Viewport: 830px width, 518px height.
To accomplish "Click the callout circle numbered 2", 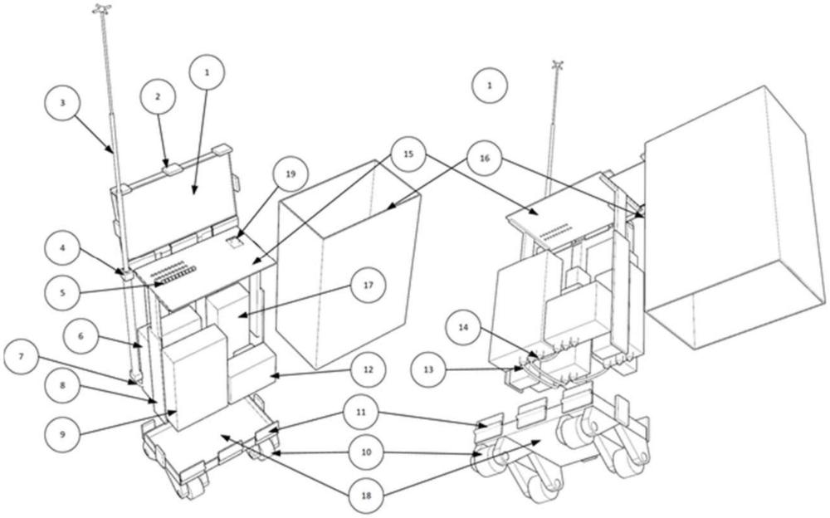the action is [158, 97].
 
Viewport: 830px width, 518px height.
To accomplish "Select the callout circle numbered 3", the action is [62, 103].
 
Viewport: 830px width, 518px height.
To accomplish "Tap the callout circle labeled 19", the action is [290, 173].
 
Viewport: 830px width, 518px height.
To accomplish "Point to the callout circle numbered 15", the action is [408, 154].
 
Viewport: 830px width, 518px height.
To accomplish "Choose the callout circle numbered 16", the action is [485, 158].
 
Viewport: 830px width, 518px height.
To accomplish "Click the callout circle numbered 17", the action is [369, 285].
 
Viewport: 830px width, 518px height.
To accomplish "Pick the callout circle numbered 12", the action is [368, 369].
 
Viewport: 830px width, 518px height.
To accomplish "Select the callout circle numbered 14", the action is [463, 327].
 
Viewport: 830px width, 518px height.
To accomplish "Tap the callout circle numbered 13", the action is [429, 369].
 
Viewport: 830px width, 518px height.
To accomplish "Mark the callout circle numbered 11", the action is [360, 412].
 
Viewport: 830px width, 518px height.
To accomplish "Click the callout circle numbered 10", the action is [367, 452].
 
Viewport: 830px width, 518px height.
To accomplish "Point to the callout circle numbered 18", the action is [366, 496].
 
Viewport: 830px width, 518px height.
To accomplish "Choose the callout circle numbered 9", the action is [62, 434].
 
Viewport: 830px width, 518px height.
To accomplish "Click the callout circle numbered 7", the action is [22, 356].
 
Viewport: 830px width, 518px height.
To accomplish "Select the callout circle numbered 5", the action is [62, 292].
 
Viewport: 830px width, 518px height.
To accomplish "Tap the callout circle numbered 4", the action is [62, 247].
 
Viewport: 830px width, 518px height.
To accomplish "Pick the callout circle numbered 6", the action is [81, 336].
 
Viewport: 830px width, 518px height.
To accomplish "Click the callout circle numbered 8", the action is [62, 385].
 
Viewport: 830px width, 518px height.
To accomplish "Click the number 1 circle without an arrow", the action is [490, 85].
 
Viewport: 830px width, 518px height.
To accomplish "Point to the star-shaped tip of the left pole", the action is [101, 8].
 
